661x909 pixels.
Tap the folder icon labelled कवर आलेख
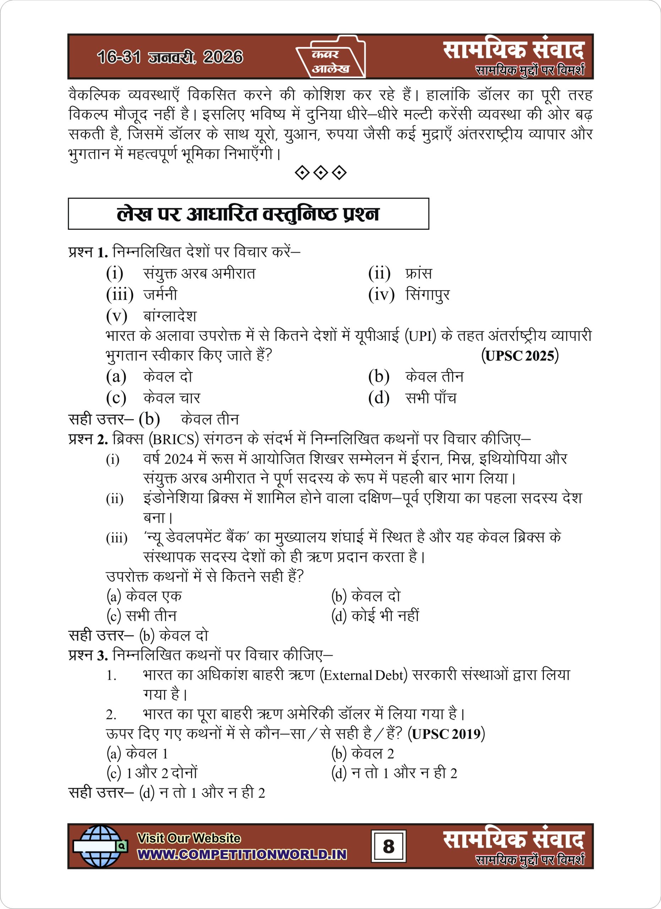click(330, 57)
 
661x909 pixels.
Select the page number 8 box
click(388, 846)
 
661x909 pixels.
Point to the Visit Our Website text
click(189, 838)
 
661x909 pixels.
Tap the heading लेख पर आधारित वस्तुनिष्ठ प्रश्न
click(248, 214)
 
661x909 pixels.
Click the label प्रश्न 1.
click(88, 252)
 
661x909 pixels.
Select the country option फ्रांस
click(419, 273)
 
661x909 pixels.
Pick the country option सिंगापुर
click(427, 295)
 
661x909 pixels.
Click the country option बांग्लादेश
click(170, 316)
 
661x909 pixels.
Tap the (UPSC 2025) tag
click(520, 355)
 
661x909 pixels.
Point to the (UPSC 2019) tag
click(446, 734)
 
